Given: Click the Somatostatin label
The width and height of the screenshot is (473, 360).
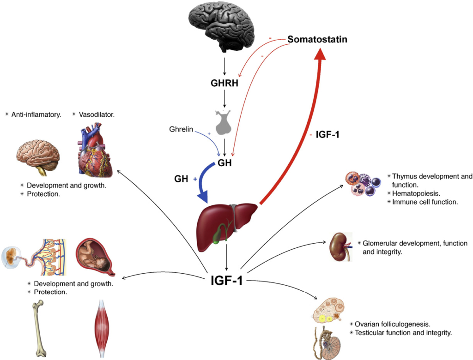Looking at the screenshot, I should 317,40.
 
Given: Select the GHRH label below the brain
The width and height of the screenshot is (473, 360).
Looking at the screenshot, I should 224,84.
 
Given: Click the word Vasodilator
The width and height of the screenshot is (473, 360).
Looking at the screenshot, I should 97,114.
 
